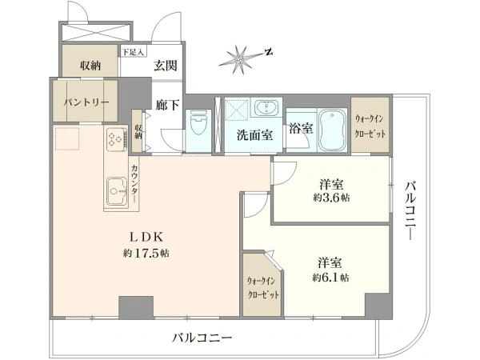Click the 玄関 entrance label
166,66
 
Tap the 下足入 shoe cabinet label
133,52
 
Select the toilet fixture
198,123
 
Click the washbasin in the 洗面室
266,108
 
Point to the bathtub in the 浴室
332,130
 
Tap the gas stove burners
117,139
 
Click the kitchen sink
117,191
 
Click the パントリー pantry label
86,102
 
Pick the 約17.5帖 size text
146,254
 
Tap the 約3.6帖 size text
331,198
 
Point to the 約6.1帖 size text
330,278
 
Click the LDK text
146,237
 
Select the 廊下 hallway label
167,105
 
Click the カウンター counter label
134,183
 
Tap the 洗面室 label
254,135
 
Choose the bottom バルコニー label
202,338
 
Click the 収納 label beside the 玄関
90,66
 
